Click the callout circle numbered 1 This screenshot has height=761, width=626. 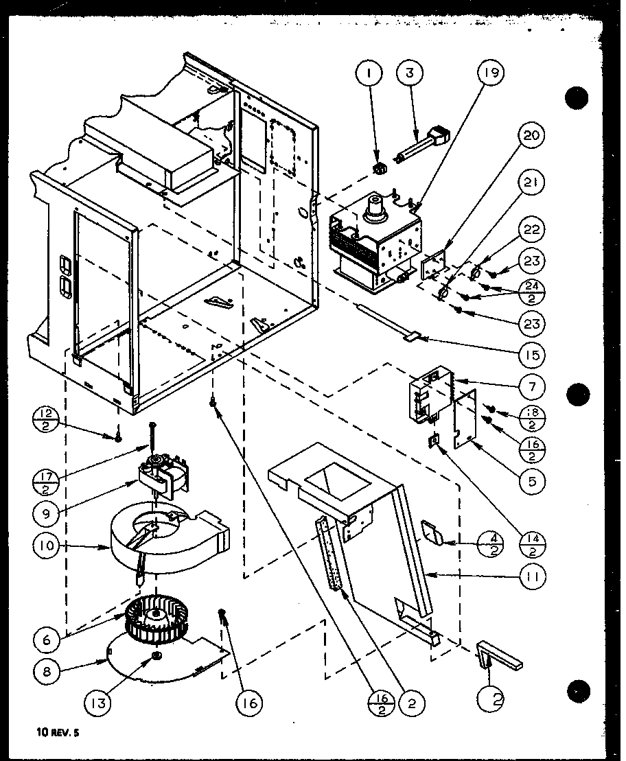371,73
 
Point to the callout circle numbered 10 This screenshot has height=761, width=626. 46,547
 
